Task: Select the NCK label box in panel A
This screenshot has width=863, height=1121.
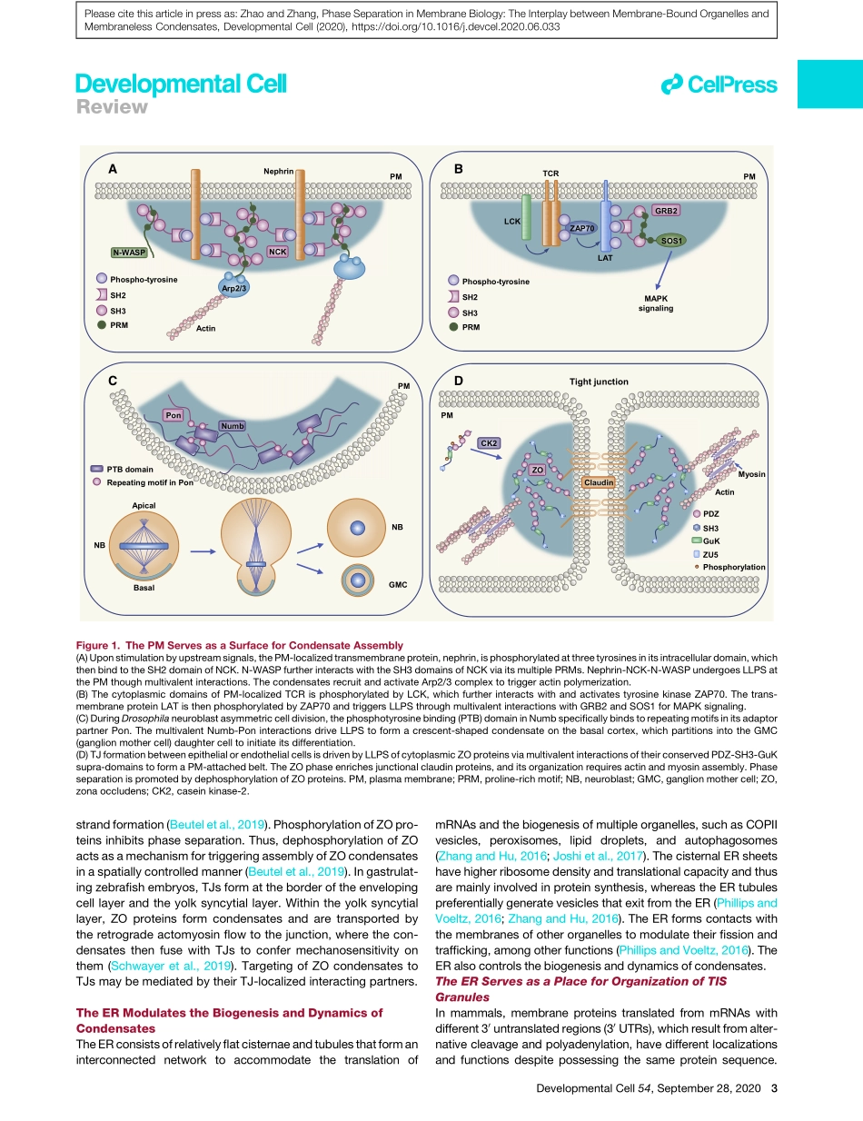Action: pos(277,251)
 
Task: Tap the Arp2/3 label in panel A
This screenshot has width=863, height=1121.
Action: pos(235,287)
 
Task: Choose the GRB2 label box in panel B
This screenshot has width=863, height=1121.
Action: pos(667,210)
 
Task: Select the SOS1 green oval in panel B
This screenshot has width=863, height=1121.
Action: pos(672,241)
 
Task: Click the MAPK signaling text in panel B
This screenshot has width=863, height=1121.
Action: pos(656,303)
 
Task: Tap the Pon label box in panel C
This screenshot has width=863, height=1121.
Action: pos(174,414)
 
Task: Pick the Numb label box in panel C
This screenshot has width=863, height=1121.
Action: pos(233,425)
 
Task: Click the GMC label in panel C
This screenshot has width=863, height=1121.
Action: pos(397,585)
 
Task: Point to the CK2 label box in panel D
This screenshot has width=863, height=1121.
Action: pos(489,442)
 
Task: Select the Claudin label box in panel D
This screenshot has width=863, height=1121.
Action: pos(600,481)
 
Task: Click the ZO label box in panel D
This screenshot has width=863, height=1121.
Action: pos(537,470)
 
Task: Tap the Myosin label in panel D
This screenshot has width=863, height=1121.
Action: pos(751,474)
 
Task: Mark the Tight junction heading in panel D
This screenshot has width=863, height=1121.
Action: pos(599,382)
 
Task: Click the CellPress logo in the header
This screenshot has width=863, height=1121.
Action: pos(719,85)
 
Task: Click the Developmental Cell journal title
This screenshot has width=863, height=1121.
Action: pos(181,84)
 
